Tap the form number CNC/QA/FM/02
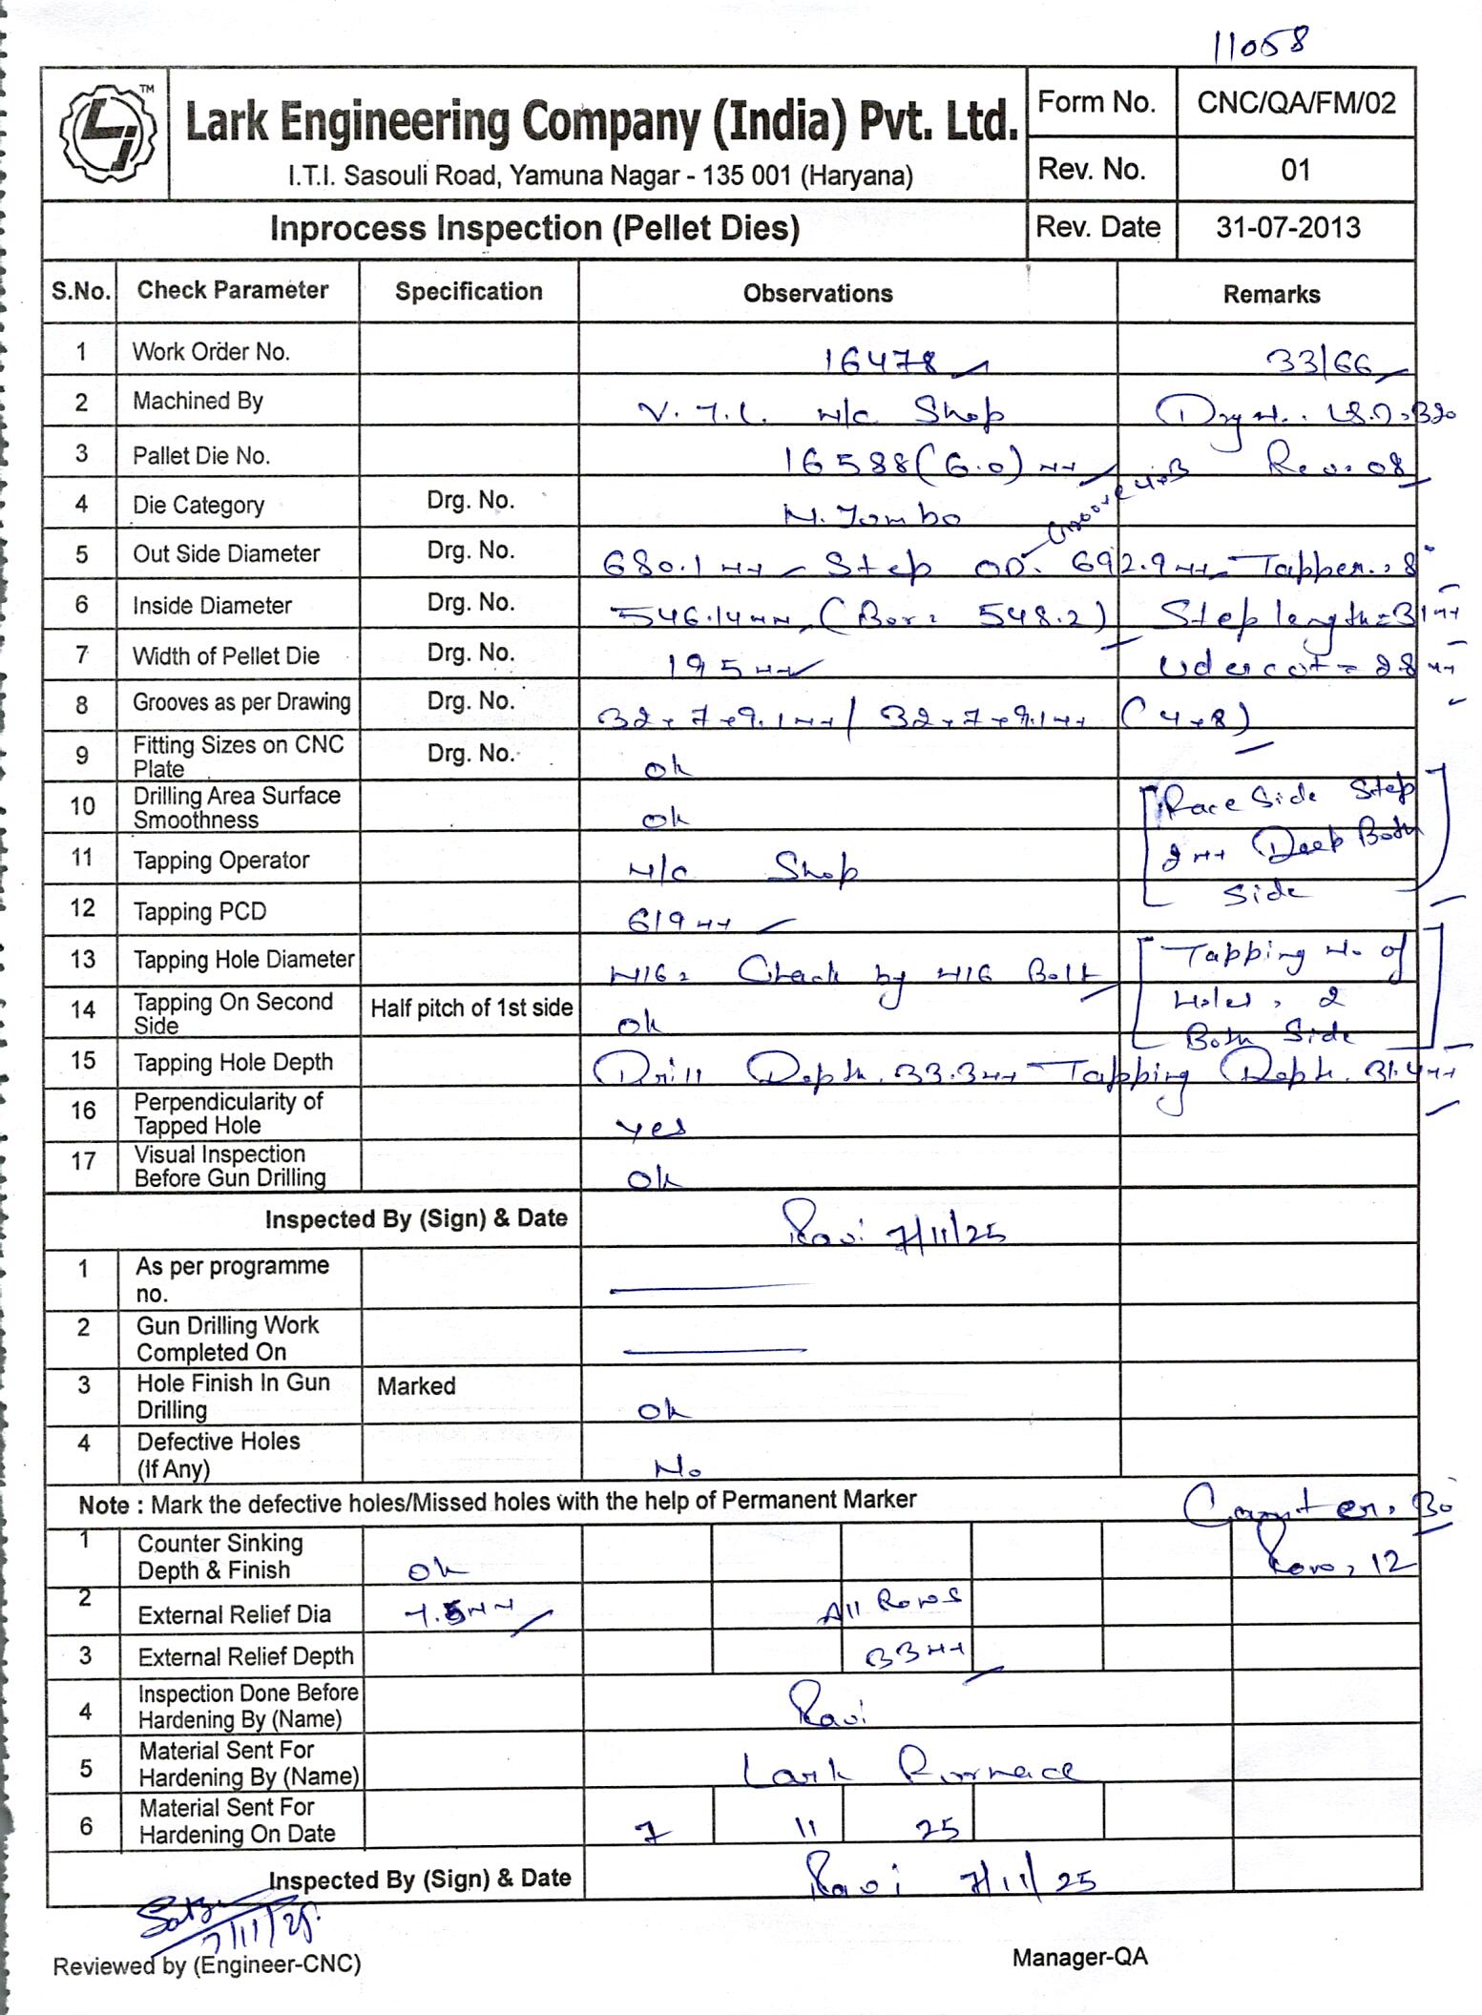click(x=1296, y=103)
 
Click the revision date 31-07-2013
click(x=1287, y=227)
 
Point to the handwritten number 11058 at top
click(x=1261, y=44)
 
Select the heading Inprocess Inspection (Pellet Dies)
click(x=534, y=229)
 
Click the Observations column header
click(x=818, y=293)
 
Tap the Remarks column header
click(x=1271, y=294)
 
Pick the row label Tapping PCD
click(x=199, y=911)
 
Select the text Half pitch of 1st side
click(x=471, y=1007)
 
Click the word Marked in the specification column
click(x=416, y=1385)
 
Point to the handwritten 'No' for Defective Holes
click(x=678, y=1465)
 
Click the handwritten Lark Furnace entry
click(x=908, y=1771)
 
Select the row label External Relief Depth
click(x=245, y=1656)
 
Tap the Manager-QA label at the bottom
click(x=1079, y=1958)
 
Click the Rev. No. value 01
click(x=1295, y=170)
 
